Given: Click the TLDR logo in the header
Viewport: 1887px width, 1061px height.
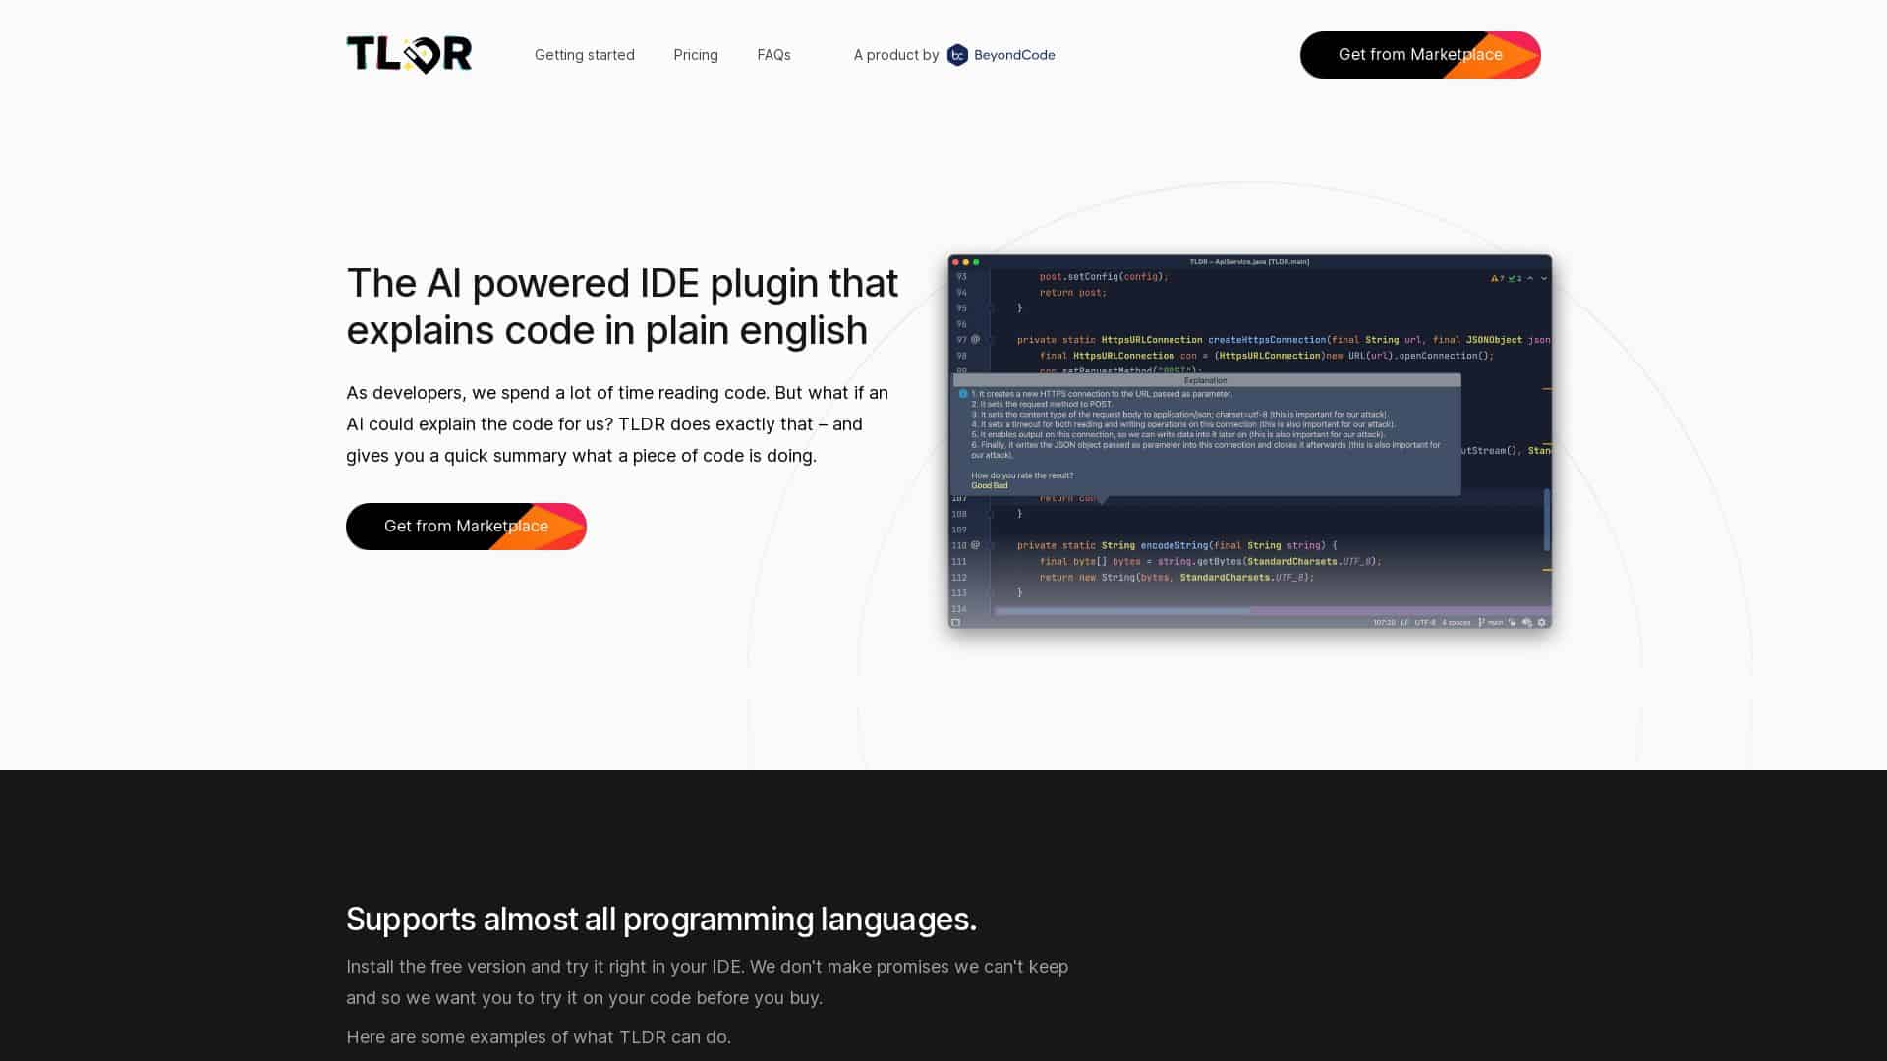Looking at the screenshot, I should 409,55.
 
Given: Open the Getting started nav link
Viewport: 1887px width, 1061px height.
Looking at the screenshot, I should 584,55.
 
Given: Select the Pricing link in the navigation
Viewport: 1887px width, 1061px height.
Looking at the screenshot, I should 696,55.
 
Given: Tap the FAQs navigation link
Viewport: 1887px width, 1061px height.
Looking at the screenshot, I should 773,55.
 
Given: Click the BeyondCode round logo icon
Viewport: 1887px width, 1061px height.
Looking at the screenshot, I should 957,55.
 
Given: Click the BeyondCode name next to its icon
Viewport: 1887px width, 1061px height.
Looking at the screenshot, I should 1014,55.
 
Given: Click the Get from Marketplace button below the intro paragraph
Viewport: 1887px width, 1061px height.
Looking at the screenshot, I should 466,527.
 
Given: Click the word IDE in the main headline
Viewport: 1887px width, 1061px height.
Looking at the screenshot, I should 669,283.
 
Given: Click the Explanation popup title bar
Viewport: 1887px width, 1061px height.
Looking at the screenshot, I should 1206,380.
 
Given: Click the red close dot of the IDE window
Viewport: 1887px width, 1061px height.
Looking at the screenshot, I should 955,262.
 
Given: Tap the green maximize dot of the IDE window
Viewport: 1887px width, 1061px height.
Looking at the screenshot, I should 976,262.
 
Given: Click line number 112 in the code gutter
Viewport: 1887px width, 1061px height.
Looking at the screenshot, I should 959,578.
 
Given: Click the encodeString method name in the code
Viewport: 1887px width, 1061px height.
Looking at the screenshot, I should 1173,545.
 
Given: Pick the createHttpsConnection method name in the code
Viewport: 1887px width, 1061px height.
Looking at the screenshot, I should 1266,340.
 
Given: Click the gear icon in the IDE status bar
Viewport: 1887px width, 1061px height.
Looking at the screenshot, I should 1541,622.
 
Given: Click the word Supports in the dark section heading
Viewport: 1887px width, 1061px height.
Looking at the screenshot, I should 411,920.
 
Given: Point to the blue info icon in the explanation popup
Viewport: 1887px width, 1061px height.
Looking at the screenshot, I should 963,394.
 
